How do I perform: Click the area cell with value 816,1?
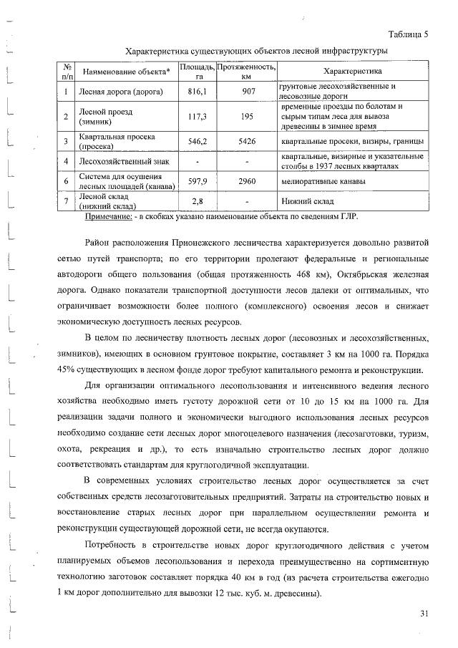click(197, 92)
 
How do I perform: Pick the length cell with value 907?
click(248, 92)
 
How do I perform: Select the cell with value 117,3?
click(197, 117)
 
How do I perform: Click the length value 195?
click(248, 117)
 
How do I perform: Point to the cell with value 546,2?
click(197, 142)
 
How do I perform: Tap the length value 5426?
click(248, 142)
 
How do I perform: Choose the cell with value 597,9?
click(197, 182)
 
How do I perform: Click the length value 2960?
click(248, 182)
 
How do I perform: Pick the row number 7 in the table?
click(65, 202)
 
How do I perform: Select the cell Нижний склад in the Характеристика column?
click(306, 202)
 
